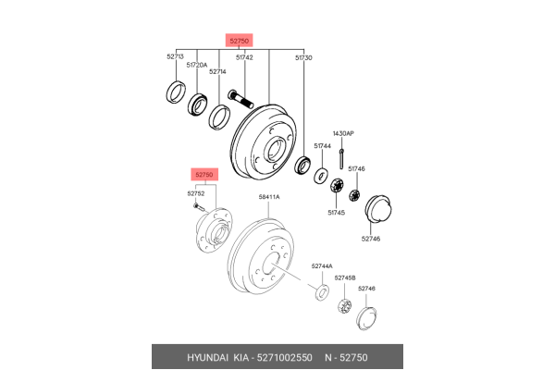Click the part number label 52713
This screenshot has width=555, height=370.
(176, 56)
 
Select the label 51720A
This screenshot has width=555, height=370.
(197, 65)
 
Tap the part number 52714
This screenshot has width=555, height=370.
(217, 71)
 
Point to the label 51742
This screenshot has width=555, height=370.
(244, 57)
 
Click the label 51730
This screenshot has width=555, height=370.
(303, 57)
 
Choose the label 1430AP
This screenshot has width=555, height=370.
(343, 134)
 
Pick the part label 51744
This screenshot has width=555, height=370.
(322, 145)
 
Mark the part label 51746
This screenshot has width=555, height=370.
(356, 168)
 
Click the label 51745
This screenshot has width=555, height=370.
(336, 213)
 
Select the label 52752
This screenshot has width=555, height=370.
(196, 193)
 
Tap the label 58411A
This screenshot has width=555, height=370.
(269, 197)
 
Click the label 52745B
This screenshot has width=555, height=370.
(345, 277)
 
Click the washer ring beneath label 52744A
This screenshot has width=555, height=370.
(324, 292)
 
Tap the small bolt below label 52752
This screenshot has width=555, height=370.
(199, 207)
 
